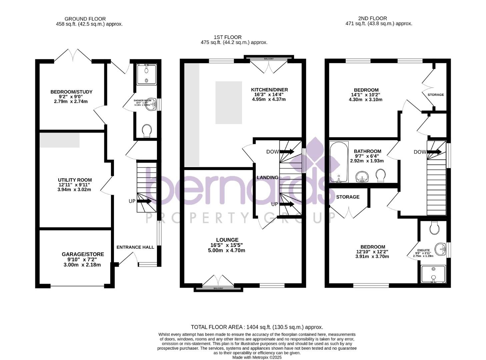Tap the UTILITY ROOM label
click(x=75, y=180)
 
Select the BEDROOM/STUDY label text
click(x=71, y=92)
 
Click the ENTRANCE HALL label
click(x=135, y=247)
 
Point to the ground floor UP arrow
click(x=144, y=201)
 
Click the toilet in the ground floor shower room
click(x=146, y=130)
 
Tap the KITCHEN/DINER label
click(x=269, y=90)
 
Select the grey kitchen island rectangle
click(x=229, y=102)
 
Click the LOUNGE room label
click(x=227, y=240)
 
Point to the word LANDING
click(x=267, y=178)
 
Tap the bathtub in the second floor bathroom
click(x=338, y=162)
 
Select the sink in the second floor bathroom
click(x=362, y=176)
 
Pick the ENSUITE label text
click(x=424, y=250)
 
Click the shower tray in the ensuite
click(x=433, y=274)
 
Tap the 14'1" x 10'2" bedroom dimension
click(x=366, y=95)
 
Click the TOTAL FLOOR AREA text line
click(x=257, y=327)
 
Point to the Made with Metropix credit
click(x=257, y=357)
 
